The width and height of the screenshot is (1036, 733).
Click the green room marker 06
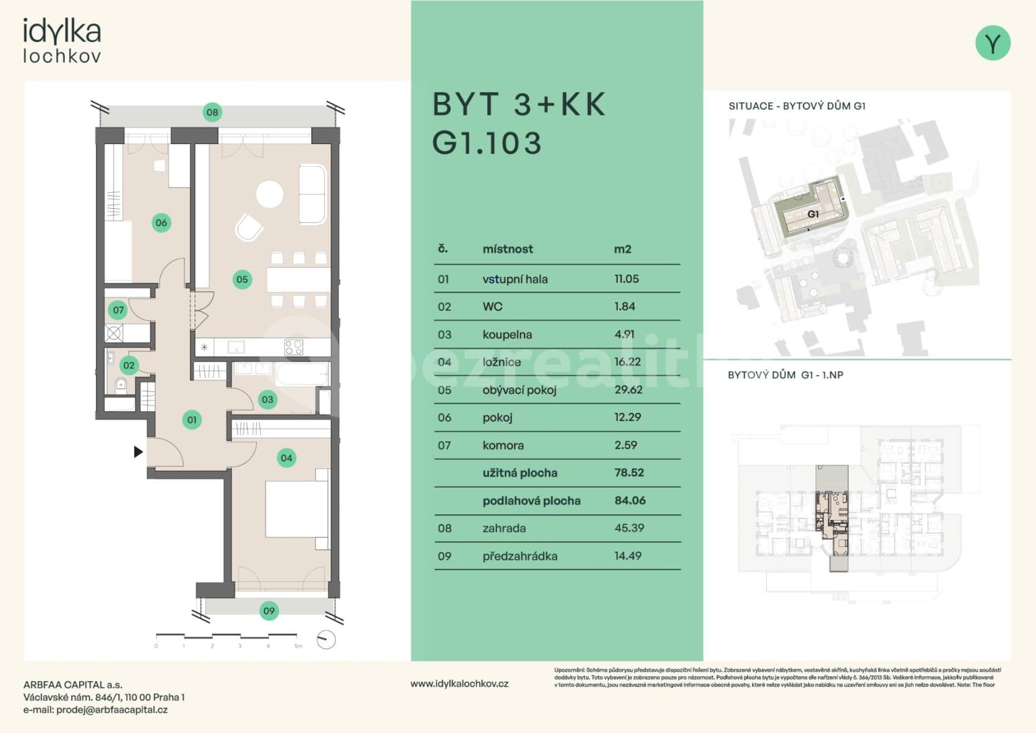(x=161, y=223)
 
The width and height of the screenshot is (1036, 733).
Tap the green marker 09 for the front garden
(x=269, y=611)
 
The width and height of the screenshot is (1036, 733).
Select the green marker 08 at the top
(x=212, y=112)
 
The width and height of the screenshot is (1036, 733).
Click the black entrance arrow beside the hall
(x=139, y=452)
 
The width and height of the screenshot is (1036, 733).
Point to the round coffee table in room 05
(x=269, y=194)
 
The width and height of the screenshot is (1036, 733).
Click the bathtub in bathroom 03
(x=303, y=374)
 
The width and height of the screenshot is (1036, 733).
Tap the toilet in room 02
(x=120, y=384)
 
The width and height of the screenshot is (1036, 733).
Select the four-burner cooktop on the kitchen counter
(x=294, y=348)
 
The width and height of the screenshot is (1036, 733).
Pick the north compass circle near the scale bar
(x=327, y=640)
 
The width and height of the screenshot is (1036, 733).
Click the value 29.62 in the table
(x=628, y=390)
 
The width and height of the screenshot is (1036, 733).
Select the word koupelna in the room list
(x=507, y=335)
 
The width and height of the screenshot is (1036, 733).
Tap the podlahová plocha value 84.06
(x=629, y=500)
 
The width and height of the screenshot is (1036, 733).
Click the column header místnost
(x=507, y=249)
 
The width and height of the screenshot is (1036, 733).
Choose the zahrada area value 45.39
(x=629, y=528)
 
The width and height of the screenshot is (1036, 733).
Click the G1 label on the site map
(x=813, y=214)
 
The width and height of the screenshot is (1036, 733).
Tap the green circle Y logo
(x=993, y=43)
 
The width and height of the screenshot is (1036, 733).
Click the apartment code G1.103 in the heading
(x=487, y=143)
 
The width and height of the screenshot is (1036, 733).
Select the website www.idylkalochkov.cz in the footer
(x=459, y=684)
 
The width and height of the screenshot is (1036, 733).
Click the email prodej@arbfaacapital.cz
(x=112, y=710)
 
